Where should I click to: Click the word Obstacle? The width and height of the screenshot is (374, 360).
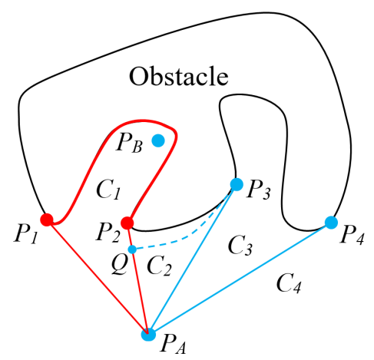click(x=178, y=76)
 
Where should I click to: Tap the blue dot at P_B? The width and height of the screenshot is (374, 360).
click(x=158, y=140)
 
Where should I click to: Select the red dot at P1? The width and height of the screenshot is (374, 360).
click(x=47, y=220)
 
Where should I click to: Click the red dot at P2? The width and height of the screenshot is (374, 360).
click(x=127, y=223)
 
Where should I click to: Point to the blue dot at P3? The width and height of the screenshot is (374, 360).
click(x=237, y=184)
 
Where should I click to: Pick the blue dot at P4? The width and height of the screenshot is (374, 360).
click(x=331, y=223)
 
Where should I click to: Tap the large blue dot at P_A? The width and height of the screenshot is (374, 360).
click(x=148, y=334)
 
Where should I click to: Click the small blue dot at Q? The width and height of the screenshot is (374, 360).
click(x=132, y=249)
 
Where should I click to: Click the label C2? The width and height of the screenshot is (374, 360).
click(x=159, y=266)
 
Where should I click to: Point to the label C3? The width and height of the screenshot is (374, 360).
click(x=240, y=246)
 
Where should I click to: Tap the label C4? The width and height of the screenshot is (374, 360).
click(x=289, y=283)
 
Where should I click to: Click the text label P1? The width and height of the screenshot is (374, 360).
click(x=25, y=234)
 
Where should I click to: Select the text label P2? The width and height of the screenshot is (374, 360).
click(x=108, y=232)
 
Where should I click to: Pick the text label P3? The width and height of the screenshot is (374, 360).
click(x=258, y=190)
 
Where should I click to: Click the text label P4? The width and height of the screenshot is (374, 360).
click(x=352, y=235)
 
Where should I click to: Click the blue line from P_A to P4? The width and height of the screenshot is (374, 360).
click(x=240, y=279)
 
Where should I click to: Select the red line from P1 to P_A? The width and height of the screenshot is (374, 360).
click(x=98, y=277)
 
